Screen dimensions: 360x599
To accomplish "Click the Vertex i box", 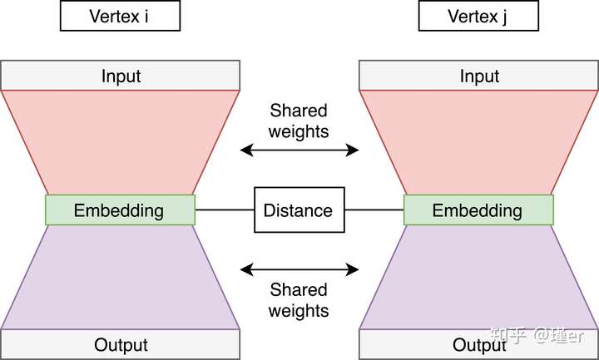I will click(x=121, y=16).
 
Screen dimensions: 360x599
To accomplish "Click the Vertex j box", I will click(x=478, y=16).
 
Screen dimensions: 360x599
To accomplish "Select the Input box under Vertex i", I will click(x=121, y=76).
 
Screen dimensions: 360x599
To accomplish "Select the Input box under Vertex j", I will click(x=478, y=76).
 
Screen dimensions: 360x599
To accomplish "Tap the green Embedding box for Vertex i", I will click(x=120, y=210).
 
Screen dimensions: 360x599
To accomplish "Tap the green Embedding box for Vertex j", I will click(x=478, y=210).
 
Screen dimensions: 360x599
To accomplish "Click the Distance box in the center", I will click(x=299, y=210).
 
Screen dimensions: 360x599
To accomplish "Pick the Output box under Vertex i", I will click(x=121, y=344).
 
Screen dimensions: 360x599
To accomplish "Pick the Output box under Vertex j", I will click(x=478, y=344).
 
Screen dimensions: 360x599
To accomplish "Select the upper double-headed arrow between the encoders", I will click(x=299, y=150).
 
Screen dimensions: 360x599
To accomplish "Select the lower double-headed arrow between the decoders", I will click(x=299, y=269).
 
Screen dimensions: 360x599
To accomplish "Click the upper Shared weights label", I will click(x=299, y=121).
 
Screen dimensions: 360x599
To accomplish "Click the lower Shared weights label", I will click(x=299, y=300).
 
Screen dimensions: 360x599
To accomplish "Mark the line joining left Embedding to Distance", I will click(x=224, y=210).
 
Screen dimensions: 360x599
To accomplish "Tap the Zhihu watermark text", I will click(x=542, y=335).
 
